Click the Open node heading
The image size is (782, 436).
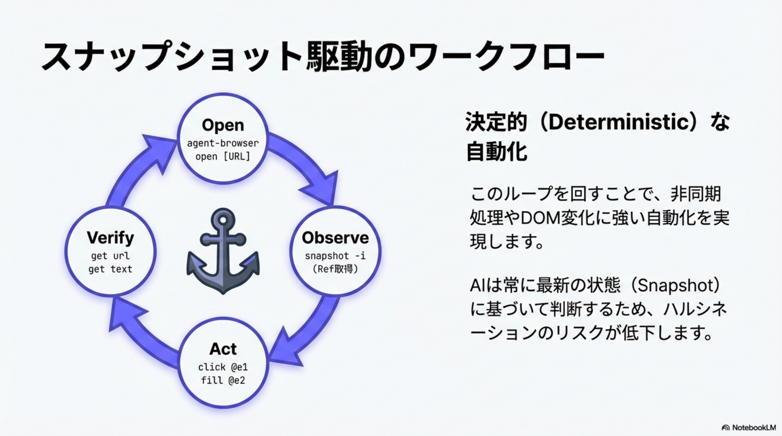223,125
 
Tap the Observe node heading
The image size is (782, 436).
335,237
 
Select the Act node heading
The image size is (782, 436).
223,349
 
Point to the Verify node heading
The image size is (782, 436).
110,237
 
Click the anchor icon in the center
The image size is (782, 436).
223,255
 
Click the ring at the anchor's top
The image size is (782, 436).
223,220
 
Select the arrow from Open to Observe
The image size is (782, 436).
307,164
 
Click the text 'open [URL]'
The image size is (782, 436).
223,157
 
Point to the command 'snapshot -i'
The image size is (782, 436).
335,256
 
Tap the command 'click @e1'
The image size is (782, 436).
223,367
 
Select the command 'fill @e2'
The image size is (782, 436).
223,380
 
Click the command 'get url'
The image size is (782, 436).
110,256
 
